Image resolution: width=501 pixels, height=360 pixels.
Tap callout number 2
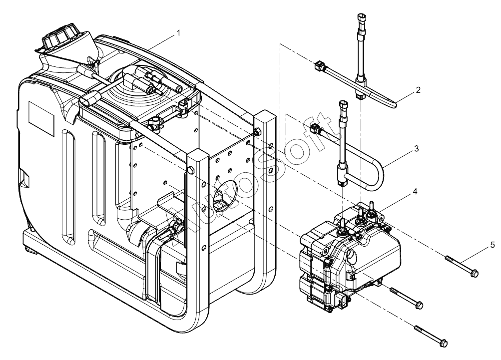[418, 90]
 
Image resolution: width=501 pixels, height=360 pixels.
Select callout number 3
[416, 149]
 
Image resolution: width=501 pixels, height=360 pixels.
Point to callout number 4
[416, 191]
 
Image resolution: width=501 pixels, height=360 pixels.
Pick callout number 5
[492, 245]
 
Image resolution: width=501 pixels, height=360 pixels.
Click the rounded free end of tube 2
[395, 104]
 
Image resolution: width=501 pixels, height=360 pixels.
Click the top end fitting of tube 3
[342, 105]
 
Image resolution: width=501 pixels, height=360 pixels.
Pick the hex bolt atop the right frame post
[256, 132]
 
